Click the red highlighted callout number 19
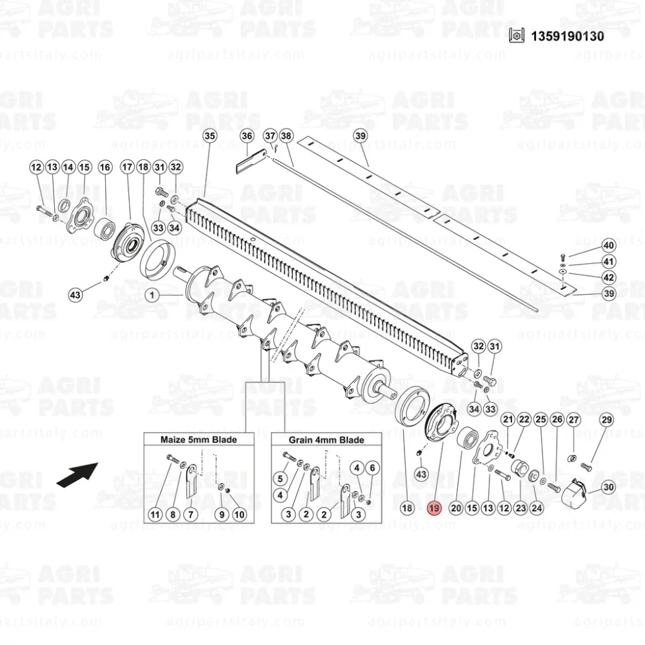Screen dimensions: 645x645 click(434, 508)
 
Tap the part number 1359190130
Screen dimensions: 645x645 click(568, 36)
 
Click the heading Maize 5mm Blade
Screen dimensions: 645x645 click(199, 440)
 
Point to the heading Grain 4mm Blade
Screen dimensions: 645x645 click(326, 440)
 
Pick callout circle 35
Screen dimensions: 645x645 click(210, 135)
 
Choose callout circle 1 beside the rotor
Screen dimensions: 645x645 click(152, 295)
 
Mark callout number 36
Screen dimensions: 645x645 click(247, 136)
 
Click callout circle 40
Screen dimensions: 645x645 click(609, 246)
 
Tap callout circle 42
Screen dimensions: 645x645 click(609, 277)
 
